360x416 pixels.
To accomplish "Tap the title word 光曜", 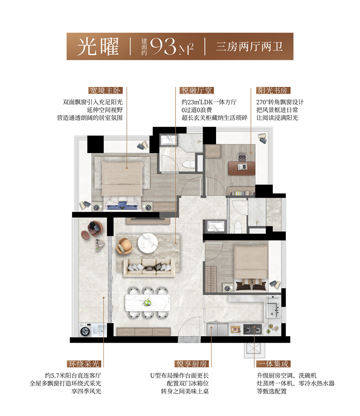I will click(x=98, y=46).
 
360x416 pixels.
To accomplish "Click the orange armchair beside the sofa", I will click(x=125, y=245).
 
